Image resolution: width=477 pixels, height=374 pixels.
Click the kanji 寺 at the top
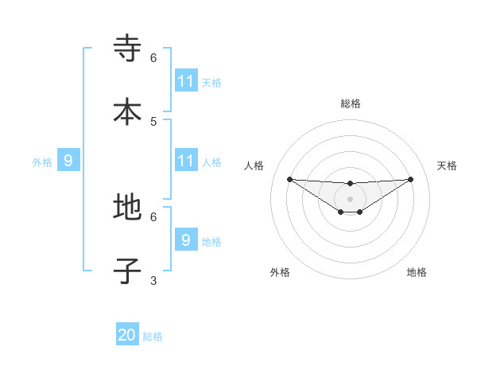pos(127,49)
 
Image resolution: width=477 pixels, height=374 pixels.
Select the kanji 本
pos(127,112)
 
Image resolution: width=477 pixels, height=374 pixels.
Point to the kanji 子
pos(127,271)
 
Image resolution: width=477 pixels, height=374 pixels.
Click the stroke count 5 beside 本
pos(153,121)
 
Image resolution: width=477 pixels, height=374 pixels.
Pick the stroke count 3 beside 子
pos(153,280)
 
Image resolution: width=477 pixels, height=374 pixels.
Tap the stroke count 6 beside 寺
pos(153,58)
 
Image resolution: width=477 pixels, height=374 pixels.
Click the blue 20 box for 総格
pos(127,335)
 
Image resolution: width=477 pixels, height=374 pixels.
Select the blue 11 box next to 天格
pos(186,81)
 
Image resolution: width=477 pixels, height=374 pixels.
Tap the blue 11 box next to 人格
pos(186,161)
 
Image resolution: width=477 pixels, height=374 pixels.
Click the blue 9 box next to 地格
pos(186,240)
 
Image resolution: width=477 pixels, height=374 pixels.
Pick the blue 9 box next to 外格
pos(68,161)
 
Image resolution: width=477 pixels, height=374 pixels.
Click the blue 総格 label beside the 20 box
pos(153,337)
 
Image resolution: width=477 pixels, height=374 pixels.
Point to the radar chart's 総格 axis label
pos(350,103)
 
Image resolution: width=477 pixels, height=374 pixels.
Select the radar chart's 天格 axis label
pos(447,166)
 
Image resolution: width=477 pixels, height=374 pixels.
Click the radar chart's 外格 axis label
pos(280,272)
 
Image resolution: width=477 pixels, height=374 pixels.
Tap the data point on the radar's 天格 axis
pos(410,179)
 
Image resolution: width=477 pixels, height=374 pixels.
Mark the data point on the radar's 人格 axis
pos(289,179)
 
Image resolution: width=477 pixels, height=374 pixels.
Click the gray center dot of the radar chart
pos(350,199)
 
